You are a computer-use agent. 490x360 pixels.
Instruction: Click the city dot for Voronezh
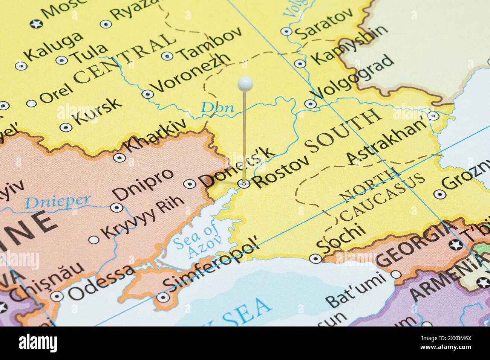click(x=147, y=94)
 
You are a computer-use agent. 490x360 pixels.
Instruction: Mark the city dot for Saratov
click(x=286, y=31)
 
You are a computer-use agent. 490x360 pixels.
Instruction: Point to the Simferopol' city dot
click(x=163, y=297)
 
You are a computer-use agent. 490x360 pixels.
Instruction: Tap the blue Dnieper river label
click(x=58, y=202)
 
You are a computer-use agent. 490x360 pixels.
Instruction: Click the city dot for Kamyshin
click(x=300, y=63)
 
